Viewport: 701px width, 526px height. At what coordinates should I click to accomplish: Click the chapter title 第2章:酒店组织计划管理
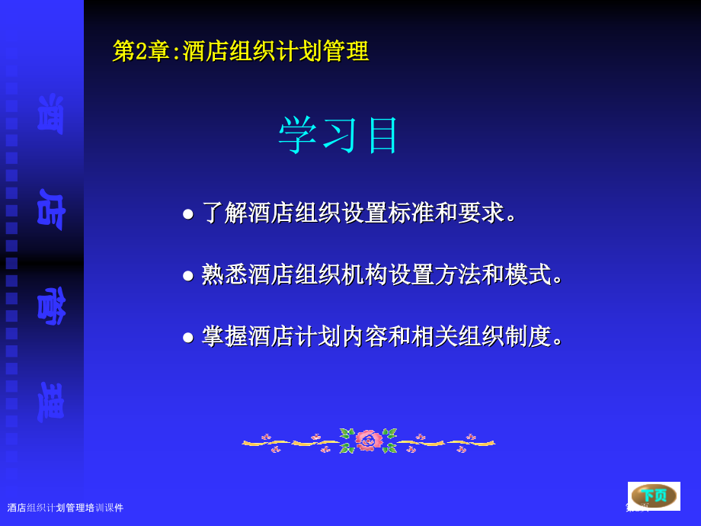coord(241,51)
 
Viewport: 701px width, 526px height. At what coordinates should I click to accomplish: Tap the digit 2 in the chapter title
coord(142,51)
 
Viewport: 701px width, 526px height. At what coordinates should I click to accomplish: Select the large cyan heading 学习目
coord(338,136)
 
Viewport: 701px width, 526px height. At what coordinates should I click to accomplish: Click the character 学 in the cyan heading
coord(297,136)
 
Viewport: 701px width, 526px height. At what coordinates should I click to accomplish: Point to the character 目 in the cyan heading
coord(383,136)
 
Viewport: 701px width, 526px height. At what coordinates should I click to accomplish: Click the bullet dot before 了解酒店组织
coord(187,213)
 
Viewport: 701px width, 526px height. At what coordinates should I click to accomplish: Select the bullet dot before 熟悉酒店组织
coord(187,275)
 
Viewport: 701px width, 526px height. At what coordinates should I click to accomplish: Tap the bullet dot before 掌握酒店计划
coord(187,337)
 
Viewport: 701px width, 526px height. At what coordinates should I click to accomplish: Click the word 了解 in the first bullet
coord(225,213)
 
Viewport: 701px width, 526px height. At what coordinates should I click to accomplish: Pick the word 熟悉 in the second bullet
coord(225,274)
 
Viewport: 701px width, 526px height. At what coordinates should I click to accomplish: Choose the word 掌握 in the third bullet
coord(225,336)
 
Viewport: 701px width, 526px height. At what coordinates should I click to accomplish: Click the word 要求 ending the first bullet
coord(481,213)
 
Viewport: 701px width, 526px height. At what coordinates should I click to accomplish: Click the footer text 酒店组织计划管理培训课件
coord(66,508)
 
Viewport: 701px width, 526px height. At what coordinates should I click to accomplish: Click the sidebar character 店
coord(50,207)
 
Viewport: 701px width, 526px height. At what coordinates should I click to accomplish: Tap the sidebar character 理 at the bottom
coord(50,401)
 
